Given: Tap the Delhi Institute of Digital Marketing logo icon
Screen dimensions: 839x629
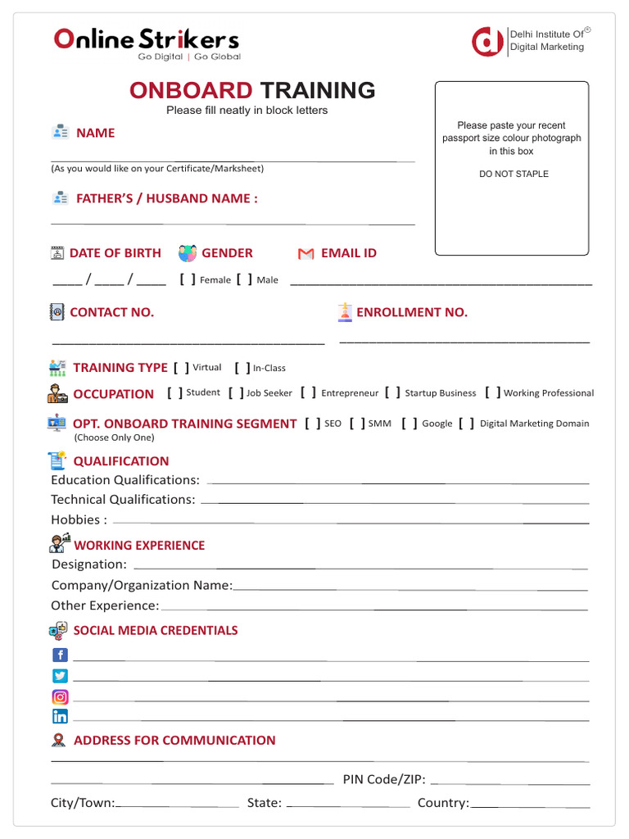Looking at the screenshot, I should tap(488, 41).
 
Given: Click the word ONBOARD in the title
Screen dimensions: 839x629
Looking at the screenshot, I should tap(191, 91).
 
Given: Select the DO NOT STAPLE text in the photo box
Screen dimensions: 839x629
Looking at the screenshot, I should tap(514, 174).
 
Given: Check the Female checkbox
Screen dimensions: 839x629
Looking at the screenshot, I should tap(188, 279).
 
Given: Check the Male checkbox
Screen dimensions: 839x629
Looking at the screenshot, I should tap(244, 279).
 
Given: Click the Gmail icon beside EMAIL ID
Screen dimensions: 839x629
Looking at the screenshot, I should tap(305, 254).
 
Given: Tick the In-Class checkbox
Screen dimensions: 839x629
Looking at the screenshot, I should tap(242, 368).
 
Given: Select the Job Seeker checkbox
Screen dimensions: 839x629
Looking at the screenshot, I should tap(236, 393).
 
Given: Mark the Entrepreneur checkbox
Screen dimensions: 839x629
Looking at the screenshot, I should tap(308, 393).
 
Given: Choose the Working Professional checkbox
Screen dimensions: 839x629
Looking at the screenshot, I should tap(492, 393).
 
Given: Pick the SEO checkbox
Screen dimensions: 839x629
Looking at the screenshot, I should tap(312, 424).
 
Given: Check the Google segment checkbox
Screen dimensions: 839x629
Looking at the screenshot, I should tap(410, 424).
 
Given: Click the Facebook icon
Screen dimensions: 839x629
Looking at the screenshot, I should tap(60, 655).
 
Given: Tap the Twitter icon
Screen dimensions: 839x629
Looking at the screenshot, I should tap(60, 676).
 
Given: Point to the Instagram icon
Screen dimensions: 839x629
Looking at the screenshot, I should tap(60, 697).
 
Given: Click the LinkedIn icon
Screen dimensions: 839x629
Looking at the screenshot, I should tap(60, 716).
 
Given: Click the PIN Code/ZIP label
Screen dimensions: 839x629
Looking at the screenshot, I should tap(383, 779).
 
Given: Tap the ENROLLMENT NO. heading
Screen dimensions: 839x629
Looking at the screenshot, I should tap(411, 312).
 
